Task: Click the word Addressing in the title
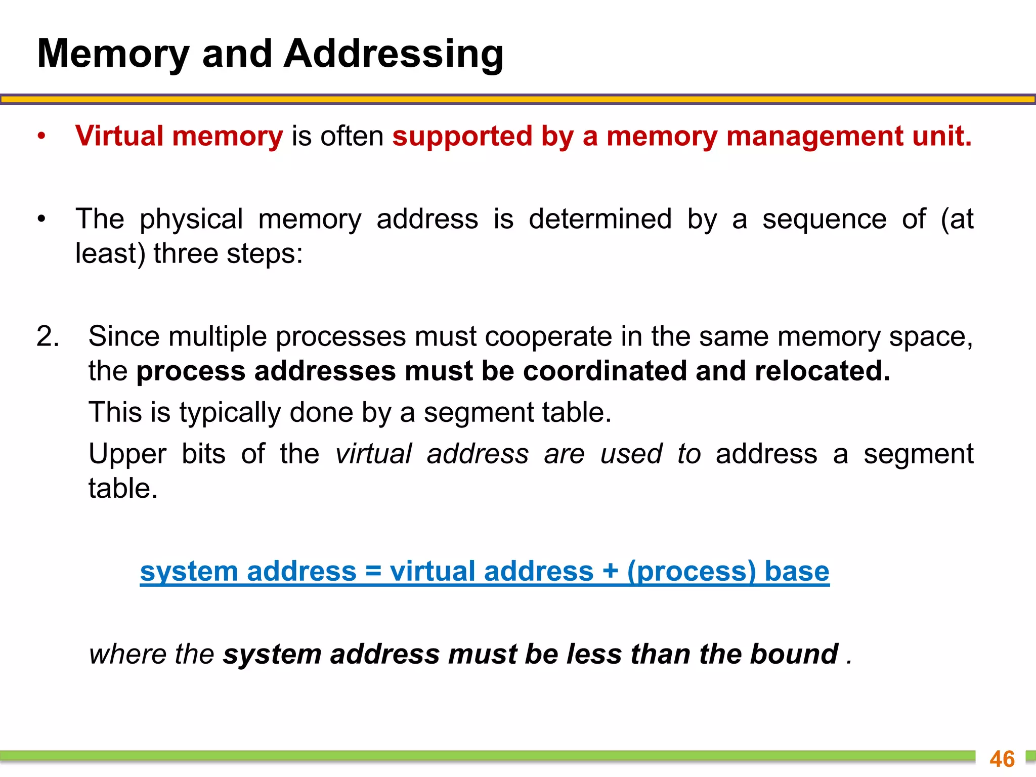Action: pyautogui.click(x=394, y=55)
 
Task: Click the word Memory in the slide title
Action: pyautogui.click(x=113, y=55)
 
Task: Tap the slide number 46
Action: pyautogui.click(x=1002, y=759)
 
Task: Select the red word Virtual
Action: pyautogui.click(x=119, y=136)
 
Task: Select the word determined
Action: pyautogui.click(x=600, y=219)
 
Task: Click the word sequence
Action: pyautogui.click(x=825, y=219)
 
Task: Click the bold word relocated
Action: pyautogui.click(x=822, y=371)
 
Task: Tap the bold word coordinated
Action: pyautogui.click(x=605, y=371)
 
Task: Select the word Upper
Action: pyautogui.click(x=127, y=454)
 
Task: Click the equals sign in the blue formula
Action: pyautogui.click(x=373, y=572)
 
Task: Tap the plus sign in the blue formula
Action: pyautogui.click(x=610, y=572)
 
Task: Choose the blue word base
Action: pyautogui.click(x=797, y=572)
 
